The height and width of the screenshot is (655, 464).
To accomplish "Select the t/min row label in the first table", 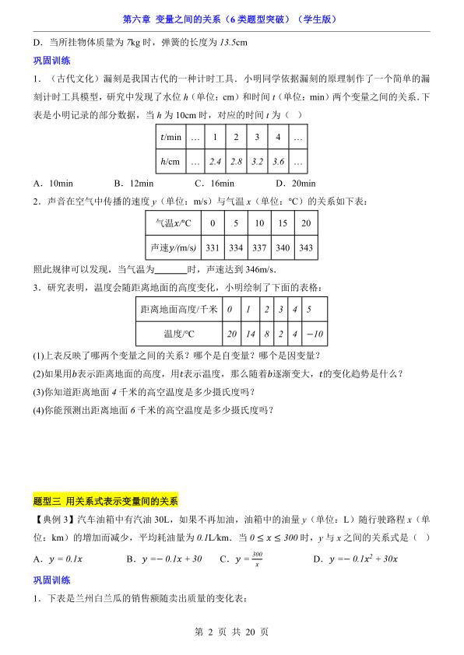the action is tap(171, 138).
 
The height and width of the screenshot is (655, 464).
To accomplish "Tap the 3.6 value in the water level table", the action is tap(277, 163).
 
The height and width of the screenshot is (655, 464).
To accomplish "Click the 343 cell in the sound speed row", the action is tap(306, 247).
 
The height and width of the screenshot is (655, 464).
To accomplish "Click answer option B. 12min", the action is tap(134, 184).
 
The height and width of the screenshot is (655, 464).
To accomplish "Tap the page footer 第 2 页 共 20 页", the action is tap(231, 632).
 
